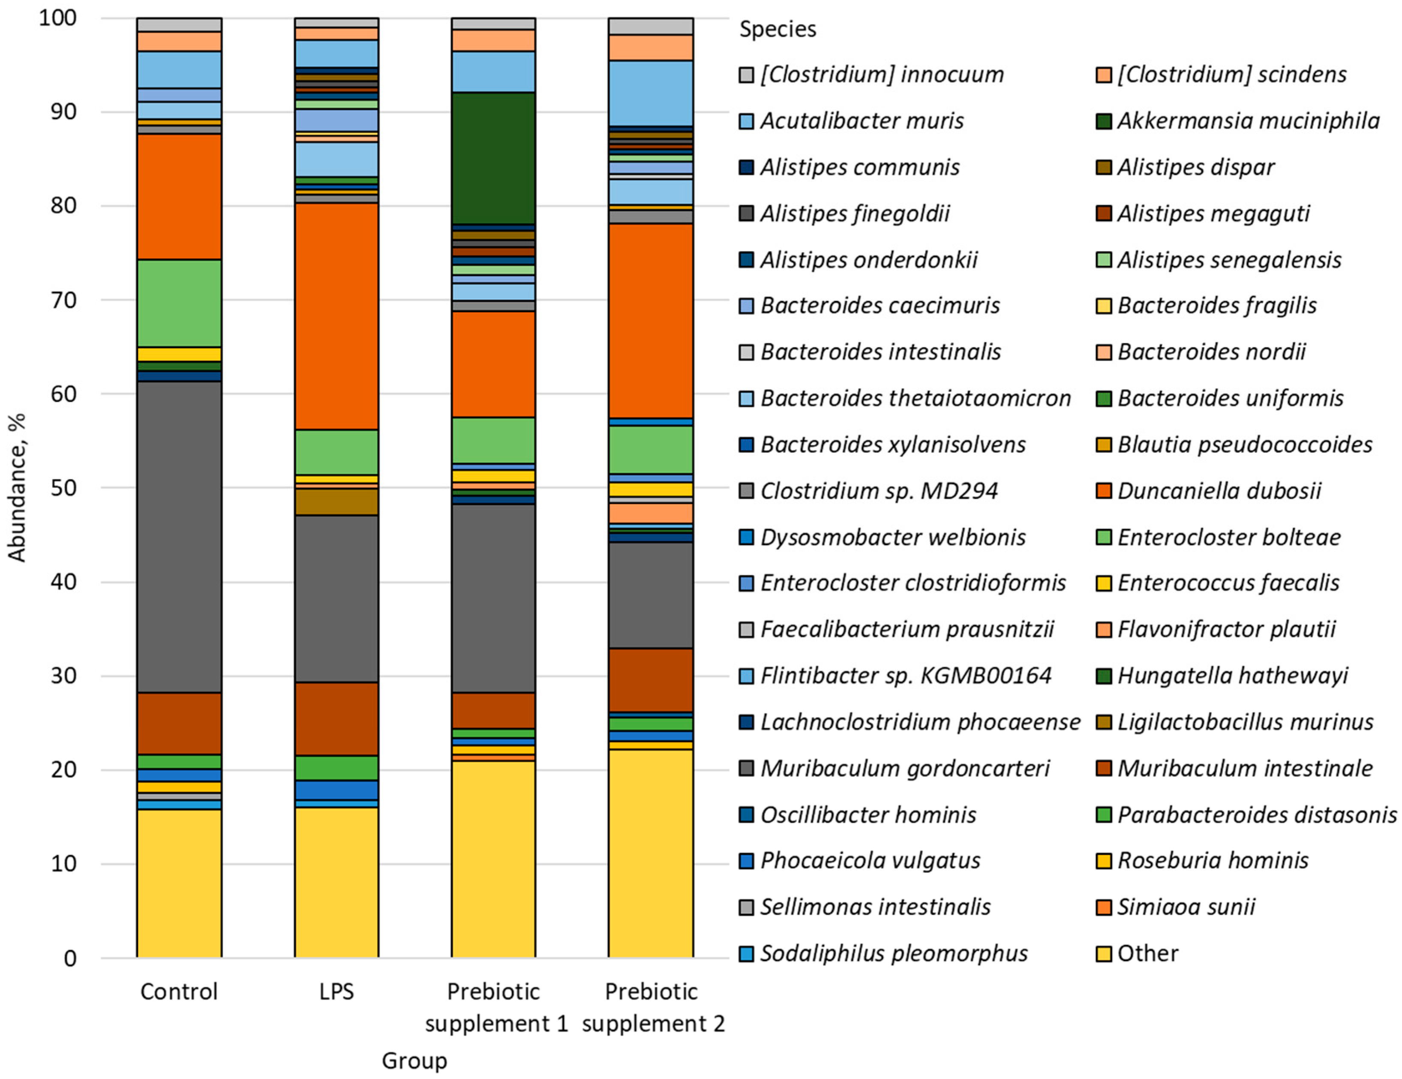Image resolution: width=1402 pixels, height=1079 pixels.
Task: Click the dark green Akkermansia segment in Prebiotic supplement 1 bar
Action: point(493,158)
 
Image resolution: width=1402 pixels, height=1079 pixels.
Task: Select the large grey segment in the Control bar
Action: point(179,537)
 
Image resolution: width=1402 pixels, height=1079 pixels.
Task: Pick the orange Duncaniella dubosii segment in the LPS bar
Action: point(336,316)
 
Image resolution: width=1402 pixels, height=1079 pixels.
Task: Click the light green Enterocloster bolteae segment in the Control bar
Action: point(179,303)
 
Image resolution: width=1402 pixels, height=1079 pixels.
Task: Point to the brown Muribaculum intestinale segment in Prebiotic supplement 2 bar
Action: point(650,680)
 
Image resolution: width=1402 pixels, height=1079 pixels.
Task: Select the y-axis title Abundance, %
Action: point(17,488)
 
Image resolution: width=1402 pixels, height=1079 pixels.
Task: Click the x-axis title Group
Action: point(414,1061)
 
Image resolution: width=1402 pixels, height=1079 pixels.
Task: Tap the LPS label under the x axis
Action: point(336,992)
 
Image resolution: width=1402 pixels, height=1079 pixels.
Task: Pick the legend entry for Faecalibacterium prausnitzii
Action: point(907,629)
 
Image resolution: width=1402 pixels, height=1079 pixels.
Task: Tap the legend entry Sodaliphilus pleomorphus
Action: point(894,954)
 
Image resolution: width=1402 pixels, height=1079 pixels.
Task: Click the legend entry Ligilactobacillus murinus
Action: point(1245,722)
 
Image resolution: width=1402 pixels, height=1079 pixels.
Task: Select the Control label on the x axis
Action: point(179,992)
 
